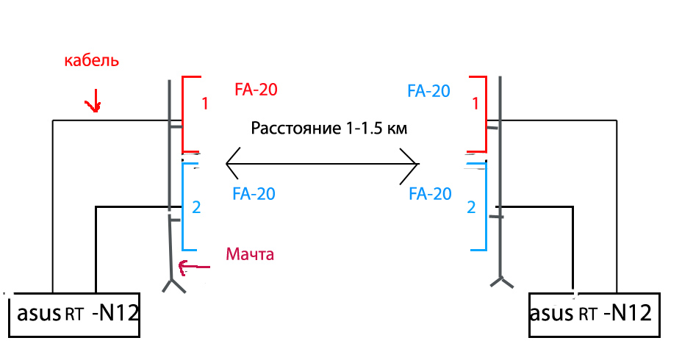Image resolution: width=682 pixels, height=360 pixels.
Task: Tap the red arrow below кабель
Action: coord(93,104)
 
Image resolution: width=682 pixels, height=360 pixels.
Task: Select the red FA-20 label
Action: coord(255,90)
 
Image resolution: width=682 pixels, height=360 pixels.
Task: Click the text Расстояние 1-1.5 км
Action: coord(329,128)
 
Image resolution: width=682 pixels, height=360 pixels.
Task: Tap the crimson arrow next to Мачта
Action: coord(194,267)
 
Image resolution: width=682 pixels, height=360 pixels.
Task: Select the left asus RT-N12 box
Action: coord(73,315)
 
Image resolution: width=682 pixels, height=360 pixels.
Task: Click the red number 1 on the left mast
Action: coord(205,104)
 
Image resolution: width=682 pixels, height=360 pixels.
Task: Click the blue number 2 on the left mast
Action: coord(195,207)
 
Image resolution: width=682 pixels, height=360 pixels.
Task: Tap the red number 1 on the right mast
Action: coord(475,104)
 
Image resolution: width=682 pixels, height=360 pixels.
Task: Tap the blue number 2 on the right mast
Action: coord(471,207)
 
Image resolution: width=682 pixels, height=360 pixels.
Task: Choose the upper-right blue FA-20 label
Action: coord(428,91)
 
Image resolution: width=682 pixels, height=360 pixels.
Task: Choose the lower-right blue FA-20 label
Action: coord(430,194)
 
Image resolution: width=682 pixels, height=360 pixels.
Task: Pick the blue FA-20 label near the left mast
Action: coord(254,194)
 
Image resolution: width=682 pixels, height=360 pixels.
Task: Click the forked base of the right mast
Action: coord(500,282)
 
